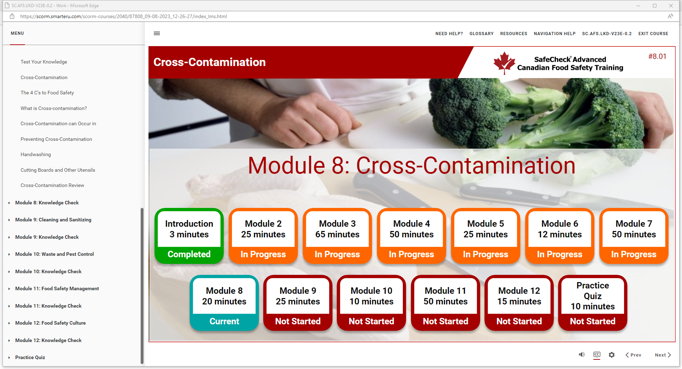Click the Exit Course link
tap(653, 34)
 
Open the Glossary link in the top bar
tap(481, 34)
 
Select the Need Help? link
tap(449, 34)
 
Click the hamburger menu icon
tap(157, 33)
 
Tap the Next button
tap(663, 355)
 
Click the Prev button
tap(633, 355)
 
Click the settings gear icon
tap(612, 355)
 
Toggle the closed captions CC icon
tap(597, 354)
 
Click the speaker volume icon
tap(581, 354)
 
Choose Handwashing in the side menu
tap(36, 154)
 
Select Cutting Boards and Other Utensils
tap(58, 170)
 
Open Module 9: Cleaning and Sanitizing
tap(53, 220)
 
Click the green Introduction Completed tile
tap(189, 236)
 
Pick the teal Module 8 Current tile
tap(224, 303)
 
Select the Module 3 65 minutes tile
tap(337, 236)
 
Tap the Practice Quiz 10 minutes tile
tap(592, 303)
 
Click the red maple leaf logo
tap(504, 63)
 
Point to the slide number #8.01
tap(657, 56)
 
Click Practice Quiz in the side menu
tap(30, 357)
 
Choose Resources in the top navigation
tap(514, 34)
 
